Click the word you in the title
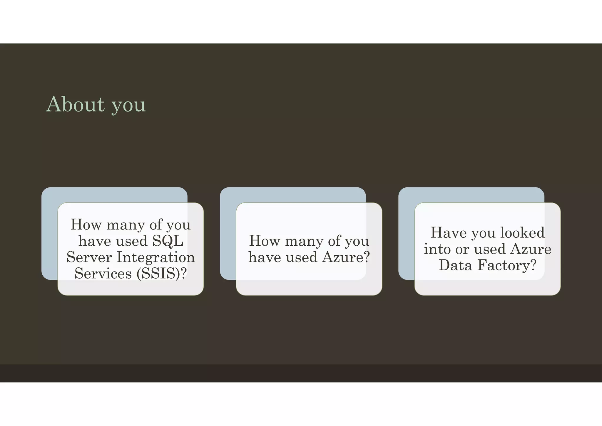[129, 105]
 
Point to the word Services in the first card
[103, 274]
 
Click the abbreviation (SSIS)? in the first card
[161, 274]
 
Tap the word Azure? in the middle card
[346, 257]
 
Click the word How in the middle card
[265, 241]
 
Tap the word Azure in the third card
[531, 249]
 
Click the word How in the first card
[86, 225]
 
